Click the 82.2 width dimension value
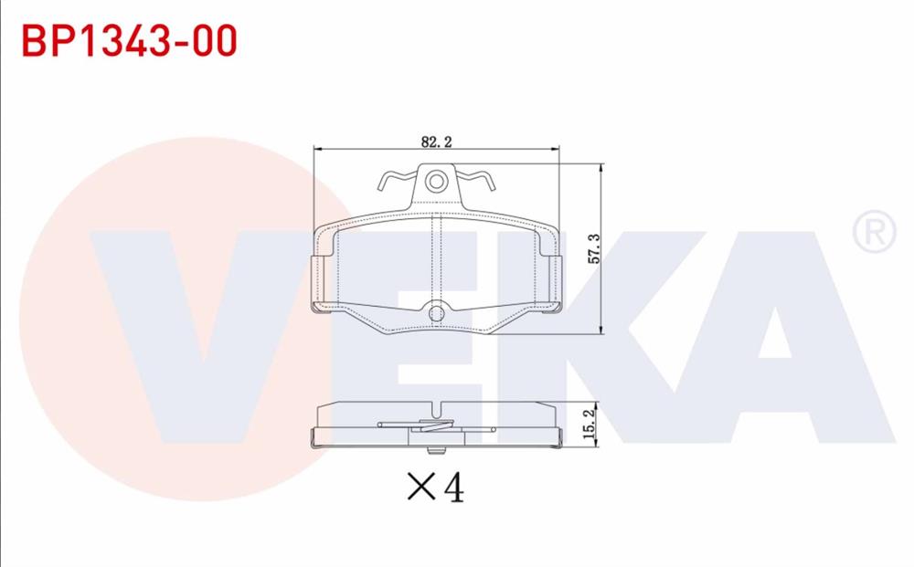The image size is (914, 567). pyautogui.click(x=437, y=142)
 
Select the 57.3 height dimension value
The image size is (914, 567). pyautogui.click(x=593, y=248)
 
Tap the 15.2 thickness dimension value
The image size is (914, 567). pyautogui.click(x=589, y=425)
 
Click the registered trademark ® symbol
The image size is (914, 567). pyautogui.click(x=873, y=233)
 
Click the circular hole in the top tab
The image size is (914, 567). pyautogui.click(x=437, y=181)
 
